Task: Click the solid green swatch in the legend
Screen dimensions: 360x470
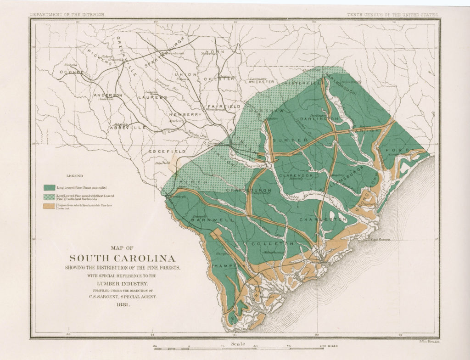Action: coord(50,188)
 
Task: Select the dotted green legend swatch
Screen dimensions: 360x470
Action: coord(50,197)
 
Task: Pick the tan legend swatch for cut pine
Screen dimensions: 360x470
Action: coord(50,207)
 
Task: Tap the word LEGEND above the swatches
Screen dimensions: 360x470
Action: coord(75,176)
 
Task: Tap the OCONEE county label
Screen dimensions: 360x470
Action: coord(70,72)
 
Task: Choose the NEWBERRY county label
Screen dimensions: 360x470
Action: coord(185,114)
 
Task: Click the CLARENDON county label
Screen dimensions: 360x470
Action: coord(297,175)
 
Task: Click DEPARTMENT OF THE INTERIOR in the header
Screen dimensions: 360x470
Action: coord(67,15)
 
